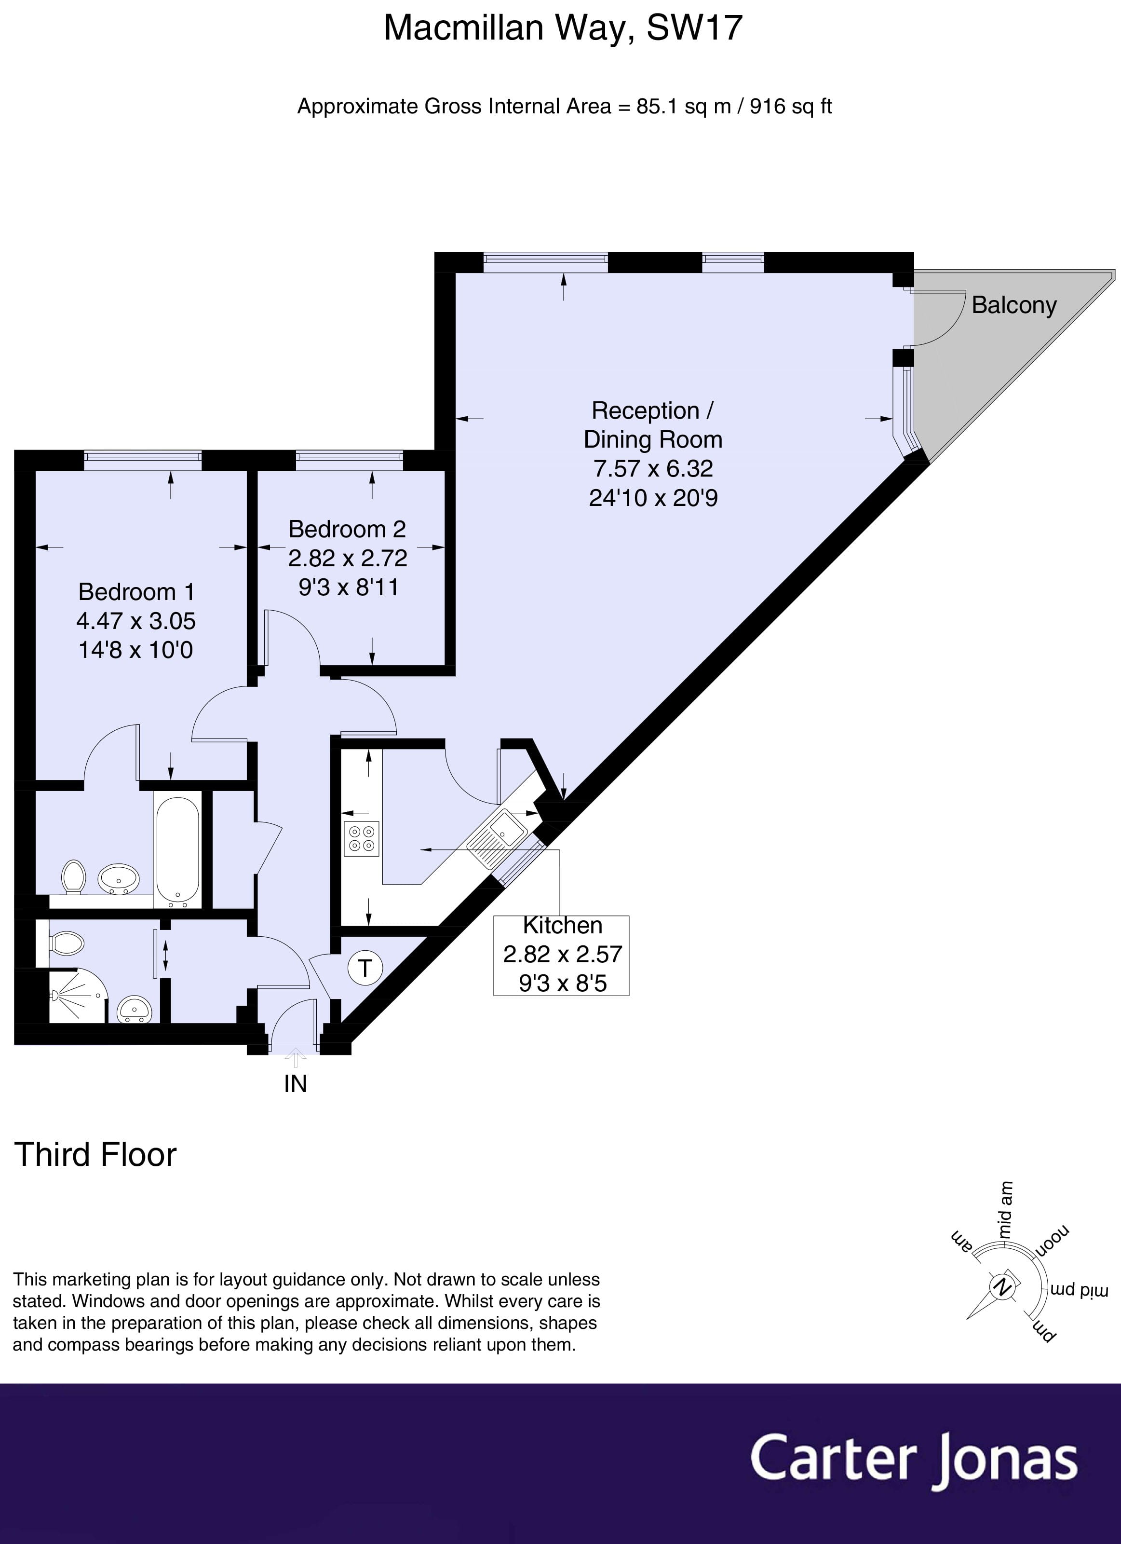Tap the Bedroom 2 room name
tap(347, 529)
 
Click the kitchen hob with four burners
tap(362, 839)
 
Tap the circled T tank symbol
tap(365, 968)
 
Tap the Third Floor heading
tap(95, 1155)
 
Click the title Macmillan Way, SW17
tap(562, 28)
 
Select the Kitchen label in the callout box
tap(562, 925)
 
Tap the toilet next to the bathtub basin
tap(73, 875)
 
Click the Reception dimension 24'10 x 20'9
tap(653, 498)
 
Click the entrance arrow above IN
tap(296, 1057)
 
